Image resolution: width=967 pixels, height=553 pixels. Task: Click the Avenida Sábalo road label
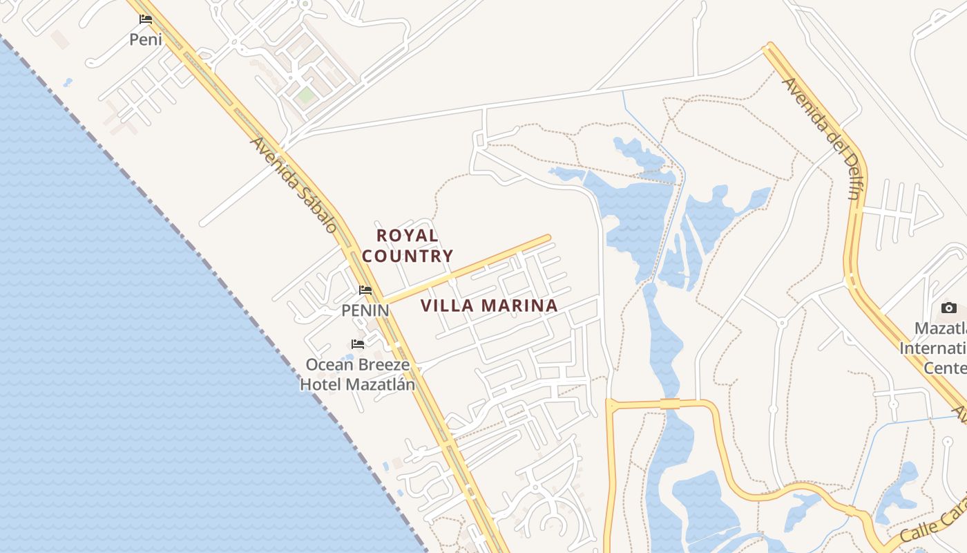(x=294, y=184)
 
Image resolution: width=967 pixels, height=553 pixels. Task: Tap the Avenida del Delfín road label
(x=821, y=138)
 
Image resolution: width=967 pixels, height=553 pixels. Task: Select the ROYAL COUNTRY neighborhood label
(x=408, y=245)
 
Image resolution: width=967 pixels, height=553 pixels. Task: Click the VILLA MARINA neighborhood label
(x=489, y=306)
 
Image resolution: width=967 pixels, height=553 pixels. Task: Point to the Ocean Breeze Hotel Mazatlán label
(x=357, y=374)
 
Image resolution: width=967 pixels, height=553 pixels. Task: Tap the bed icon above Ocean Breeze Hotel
(x=358, y=344)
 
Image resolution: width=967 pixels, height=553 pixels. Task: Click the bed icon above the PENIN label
(x=365, y=290)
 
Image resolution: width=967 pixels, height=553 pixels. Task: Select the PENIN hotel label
(x=365, y=311)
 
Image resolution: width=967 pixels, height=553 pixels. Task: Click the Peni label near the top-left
(x=146, y=39)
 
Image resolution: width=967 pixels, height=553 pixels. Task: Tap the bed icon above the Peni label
(x=146, y=19)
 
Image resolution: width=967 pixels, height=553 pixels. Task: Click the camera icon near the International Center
(x=949, y=308)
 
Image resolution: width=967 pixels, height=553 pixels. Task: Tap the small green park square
(x=305, y=95)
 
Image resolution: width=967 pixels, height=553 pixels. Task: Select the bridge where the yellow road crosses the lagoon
(x=670, y=403)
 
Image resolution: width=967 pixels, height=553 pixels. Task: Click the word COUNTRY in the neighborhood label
(x=408, y=256)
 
